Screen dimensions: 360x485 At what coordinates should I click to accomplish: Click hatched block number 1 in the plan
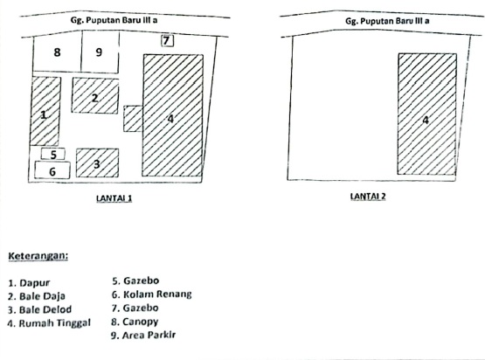pyautogui.click(x=45, y=111)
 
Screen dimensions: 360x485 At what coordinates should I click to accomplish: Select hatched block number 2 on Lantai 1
pyautogui.click(x=94, y=95)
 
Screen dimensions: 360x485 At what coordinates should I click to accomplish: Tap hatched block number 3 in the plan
pyautogui.click(x=97, y=163)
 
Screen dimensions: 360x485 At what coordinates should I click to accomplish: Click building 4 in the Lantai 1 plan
pyautogui.click(x=173, y=115)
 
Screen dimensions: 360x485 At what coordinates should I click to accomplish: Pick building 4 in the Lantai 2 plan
pyautogui.click(x=426, y=114)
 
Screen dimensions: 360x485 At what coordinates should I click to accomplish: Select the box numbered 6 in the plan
pyautogui.click(x=52, y=171)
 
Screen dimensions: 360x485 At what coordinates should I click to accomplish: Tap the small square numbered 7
pyautogui.click(x=168, y=40)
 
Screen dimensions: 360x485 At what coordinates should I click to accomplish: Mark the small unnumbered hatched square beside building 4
pyautogui.click(x=133, y=118)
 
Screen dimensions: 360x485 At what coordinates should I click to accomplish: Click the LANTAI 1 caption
pyautogui.click(x=114, y=198)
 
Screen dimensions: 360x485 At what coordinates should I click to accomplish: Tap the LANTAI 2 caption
pyautogui.click(x=368, y=197)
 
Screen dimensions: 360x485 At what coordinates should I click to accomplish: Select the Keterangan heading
pyautogui.click(x=38, y=256)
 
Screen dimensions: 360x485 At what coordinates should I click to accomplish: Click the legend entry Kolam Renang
pyautogui.click(x=151, y=294)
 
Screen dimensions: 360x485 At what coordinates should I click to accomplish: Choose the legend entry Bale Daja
pyautogui.click(x=39, y=296)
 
